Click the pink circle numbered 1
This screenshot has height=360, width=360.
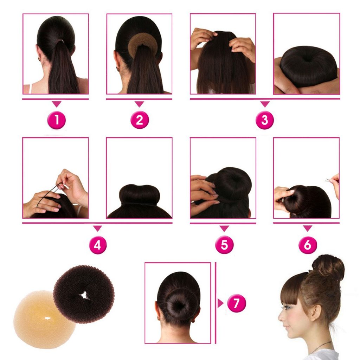57,120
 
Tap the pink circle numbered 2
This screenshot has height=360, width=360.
140,120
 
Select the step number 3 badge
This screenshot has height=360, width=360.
265,120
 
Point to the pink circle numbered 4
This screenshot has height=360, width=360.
98,245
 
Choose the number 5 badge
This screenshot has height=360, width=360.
224,245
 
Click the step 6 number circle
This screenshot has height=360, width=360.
308,245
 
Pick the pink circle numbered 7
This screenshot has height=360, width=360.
237,303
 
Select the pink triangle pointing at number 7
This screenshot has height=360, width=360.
220,303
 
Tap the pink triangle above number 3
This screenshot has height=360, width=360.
265,104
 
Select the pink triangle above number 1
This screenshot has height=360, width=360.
57,104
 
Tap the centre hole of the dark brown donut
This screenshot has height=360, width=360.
84,295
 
